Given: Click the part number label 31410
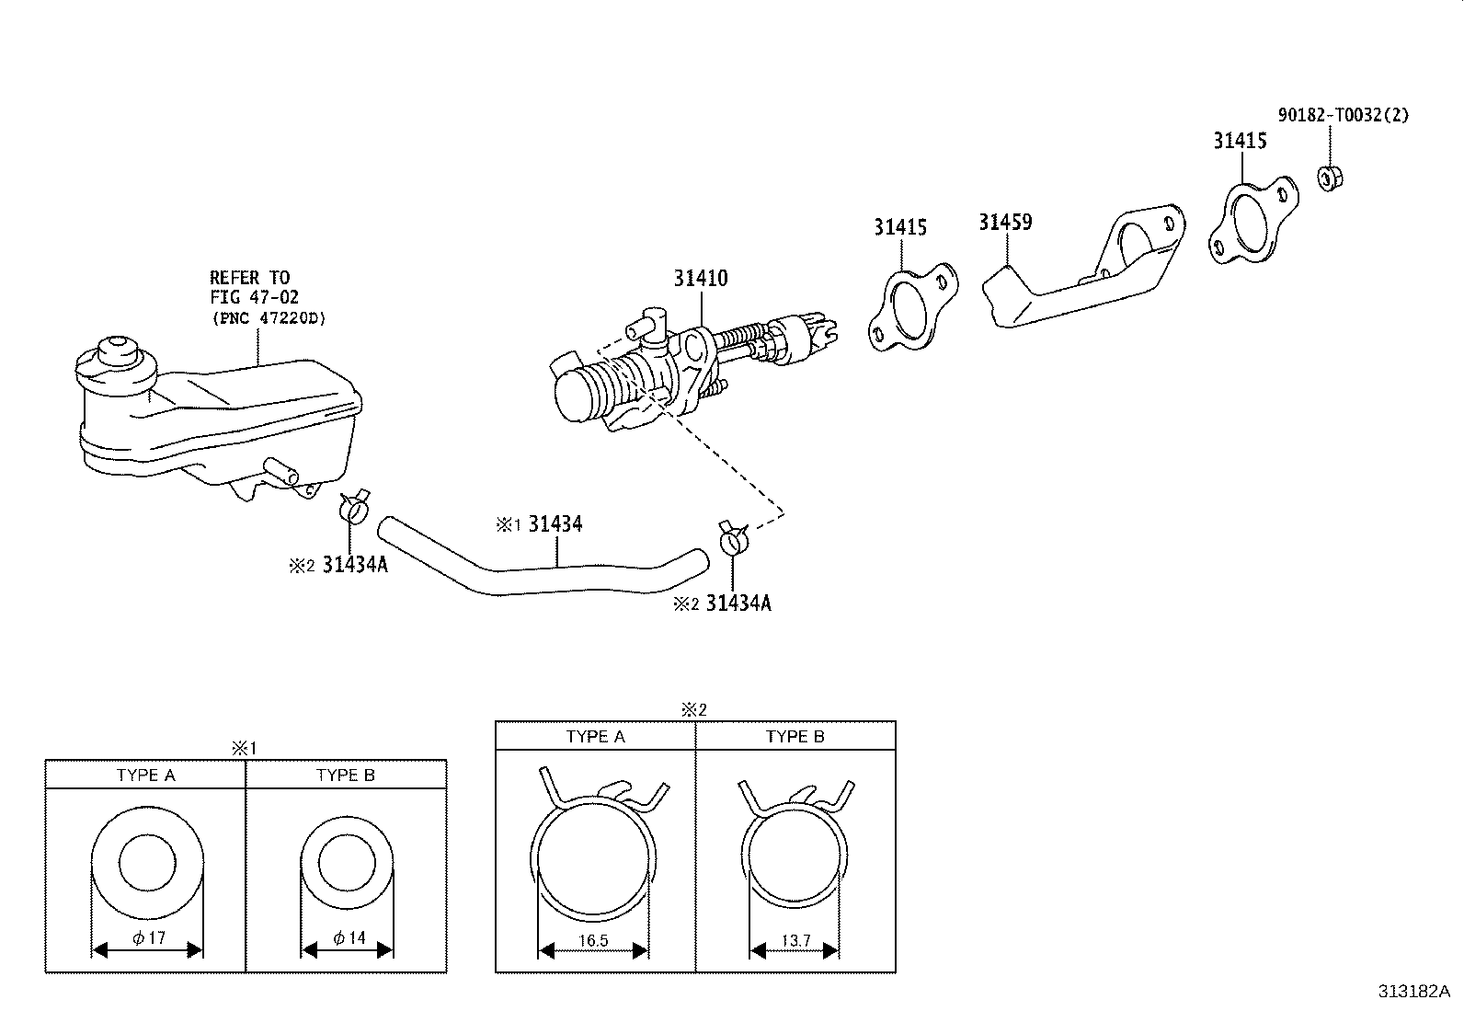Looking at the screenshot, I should coord(701,277).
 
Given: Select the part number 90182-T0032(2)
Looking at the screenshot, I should coord(1343,115).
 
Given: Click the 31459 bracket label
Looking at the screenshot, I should coord(1005,222).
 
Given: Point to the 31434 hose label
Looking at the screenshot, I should coord(555,524).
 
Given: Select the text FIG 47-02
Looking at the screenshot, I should coord(254,297).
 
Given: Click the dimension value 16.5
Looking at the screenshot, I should coord(593,940).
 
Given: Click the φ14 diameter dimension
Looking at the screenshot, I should coord(349,938).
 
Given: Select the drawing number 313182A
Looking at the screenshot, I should coord(1413,992).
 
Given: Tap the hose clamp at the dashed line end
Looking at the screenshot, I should coord(733,537).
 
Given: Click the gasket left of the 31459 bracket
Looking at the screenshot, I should coord(911,307).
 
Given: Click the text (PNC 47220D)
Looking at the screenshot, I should coord(268,318).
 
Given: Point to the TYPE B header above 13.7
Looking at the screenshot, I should coord(795,737).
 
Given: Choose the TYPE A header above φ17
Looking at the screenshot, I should coord(145,775).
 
